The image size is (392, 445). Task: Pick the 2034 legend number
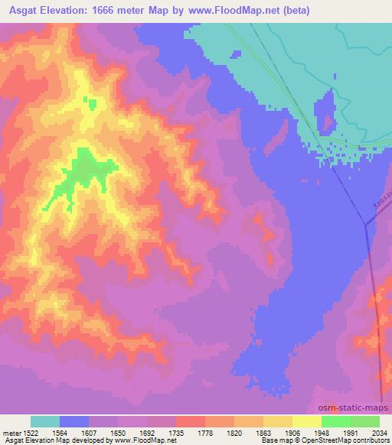coord(377,431)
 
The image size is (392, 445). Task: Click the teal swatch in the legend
coord(45,421)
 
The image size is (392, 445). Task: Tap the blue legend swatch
coord(74,421)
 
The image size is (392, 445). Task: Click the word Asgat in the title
coord(22,10)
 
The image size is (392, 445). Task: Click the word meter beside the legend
coord(9,431)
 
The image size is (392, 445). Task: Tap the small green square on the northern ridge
coord(92,104)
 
